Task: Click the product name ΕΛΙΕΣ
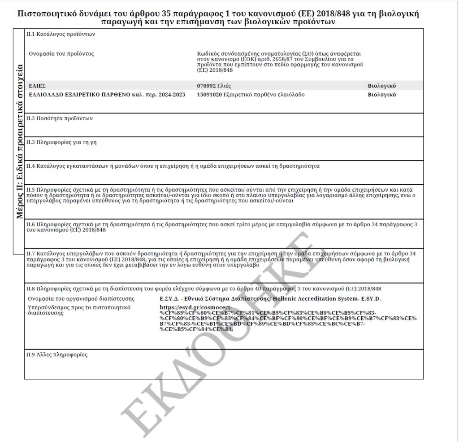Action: tap(37, 85)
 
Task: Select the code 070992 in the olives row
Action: tap(206, 85)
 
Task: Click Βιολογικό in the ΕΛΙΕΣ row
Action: tap(382, 85)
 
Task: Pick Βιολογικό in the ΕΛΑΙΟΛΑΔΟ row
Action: tap(382, 95)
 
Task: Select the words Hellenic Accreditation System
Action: tap(322, 298)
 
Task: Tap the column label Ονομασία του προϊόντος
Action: tap(61, 54)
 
